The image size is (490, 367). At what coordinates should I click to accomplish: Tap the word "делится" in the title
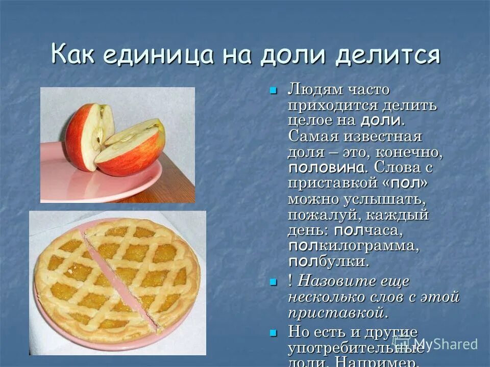(387, 55)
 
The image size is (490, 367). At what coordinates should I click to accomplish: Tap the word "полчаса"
(369, 230)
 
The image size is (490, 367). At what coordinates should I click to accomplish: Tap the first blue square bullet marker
(273, 91)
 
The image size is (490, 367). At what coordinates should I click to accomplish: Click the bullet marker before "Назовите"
(273, 282)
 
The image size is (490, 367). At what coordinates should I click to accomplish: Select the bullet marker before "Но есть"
(273, 332)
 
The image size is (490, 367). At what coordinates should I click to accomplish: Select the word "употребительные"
(355, 348)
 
